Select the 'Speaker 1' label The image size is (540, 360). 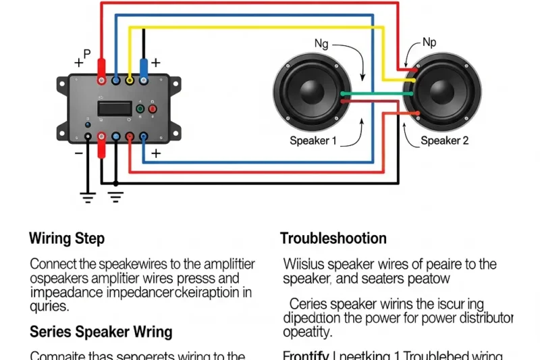click(313, 140)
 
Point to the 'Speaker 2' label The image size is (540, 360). click(444, 140)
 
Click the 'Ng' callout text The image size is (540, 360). click(321, 44)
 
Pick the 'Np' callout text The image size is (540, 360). click(429, 43)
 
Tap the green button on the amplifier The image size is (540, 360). click(140, 109)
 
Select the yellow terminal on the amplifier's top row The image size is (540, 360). click(129, 80)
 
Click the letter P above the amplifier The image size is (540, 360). click(86, 54)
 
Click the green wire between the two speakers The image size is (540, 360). click(375, 93)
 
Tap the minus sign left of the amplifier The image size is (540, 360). click(78, 153)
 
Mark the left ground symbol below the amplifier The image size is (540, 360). click(88, 197)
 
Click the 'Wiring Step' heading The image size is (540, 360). click(67, 238)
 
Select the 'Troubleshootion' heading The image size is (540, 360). click(333, 238)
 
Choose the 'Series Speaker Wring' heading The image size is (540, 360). click(101, 332)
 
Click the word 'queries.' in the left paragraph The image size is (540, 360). click(49, 306)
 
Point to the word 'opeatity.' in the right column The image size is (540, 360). click(308, 332)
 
